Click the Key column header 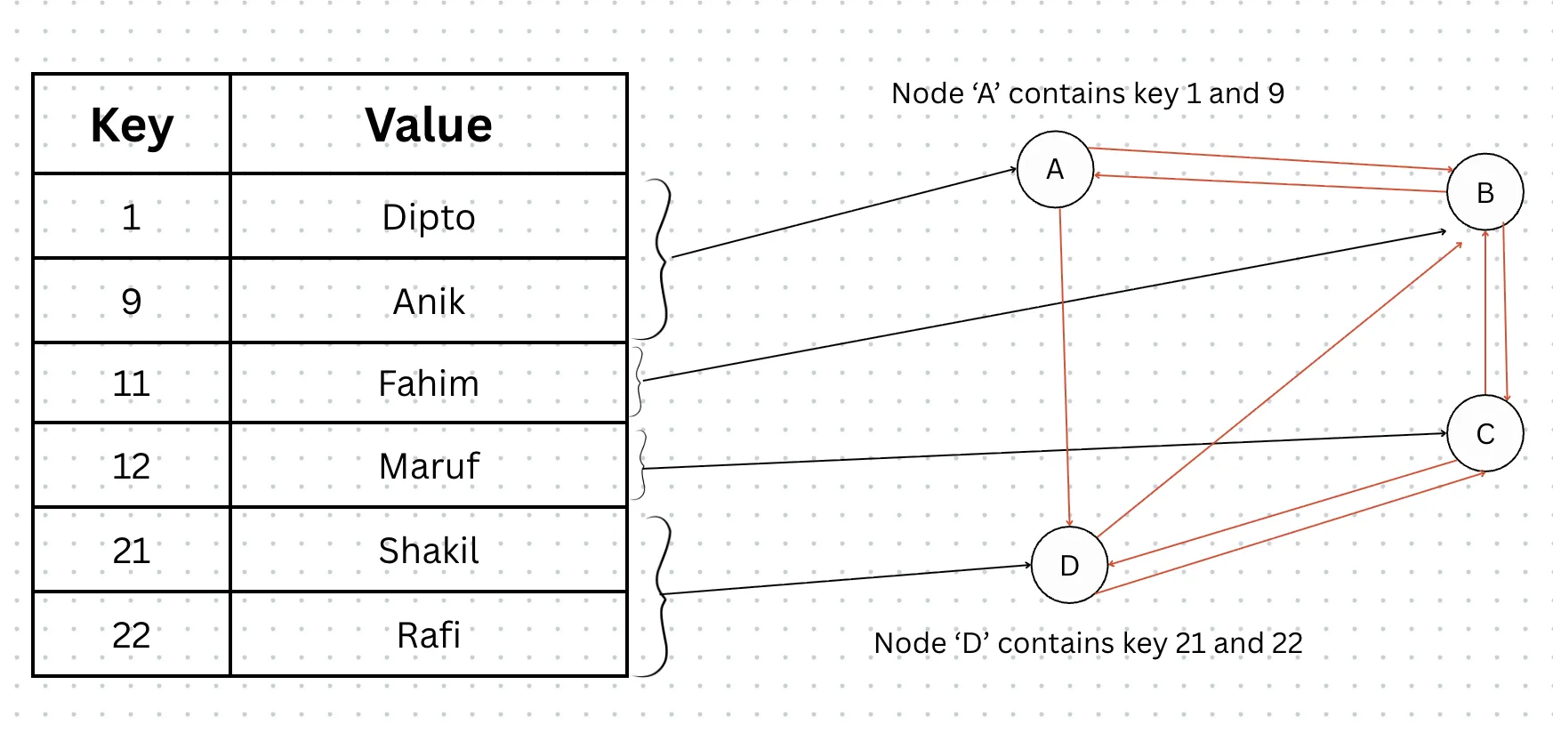132,125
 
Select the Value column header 429,125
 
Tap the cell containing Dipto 429,217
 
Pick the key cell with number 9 132,302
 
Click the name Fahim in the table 429,383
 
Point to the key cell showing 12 132,466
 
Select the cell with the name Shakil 429,551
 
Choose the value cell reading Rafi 429,635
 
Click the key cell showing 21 132,551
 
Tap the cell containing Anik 429,302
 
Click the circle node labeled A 1055,169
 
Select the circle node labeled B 1485,192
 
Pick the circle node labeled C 1485,433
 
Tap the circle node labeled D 1069,565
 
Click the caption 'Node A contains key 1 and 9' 1088,93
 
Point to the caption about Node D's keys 1088,642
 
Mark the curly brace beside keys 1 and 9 660,258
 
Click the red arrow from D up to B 1281,389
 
